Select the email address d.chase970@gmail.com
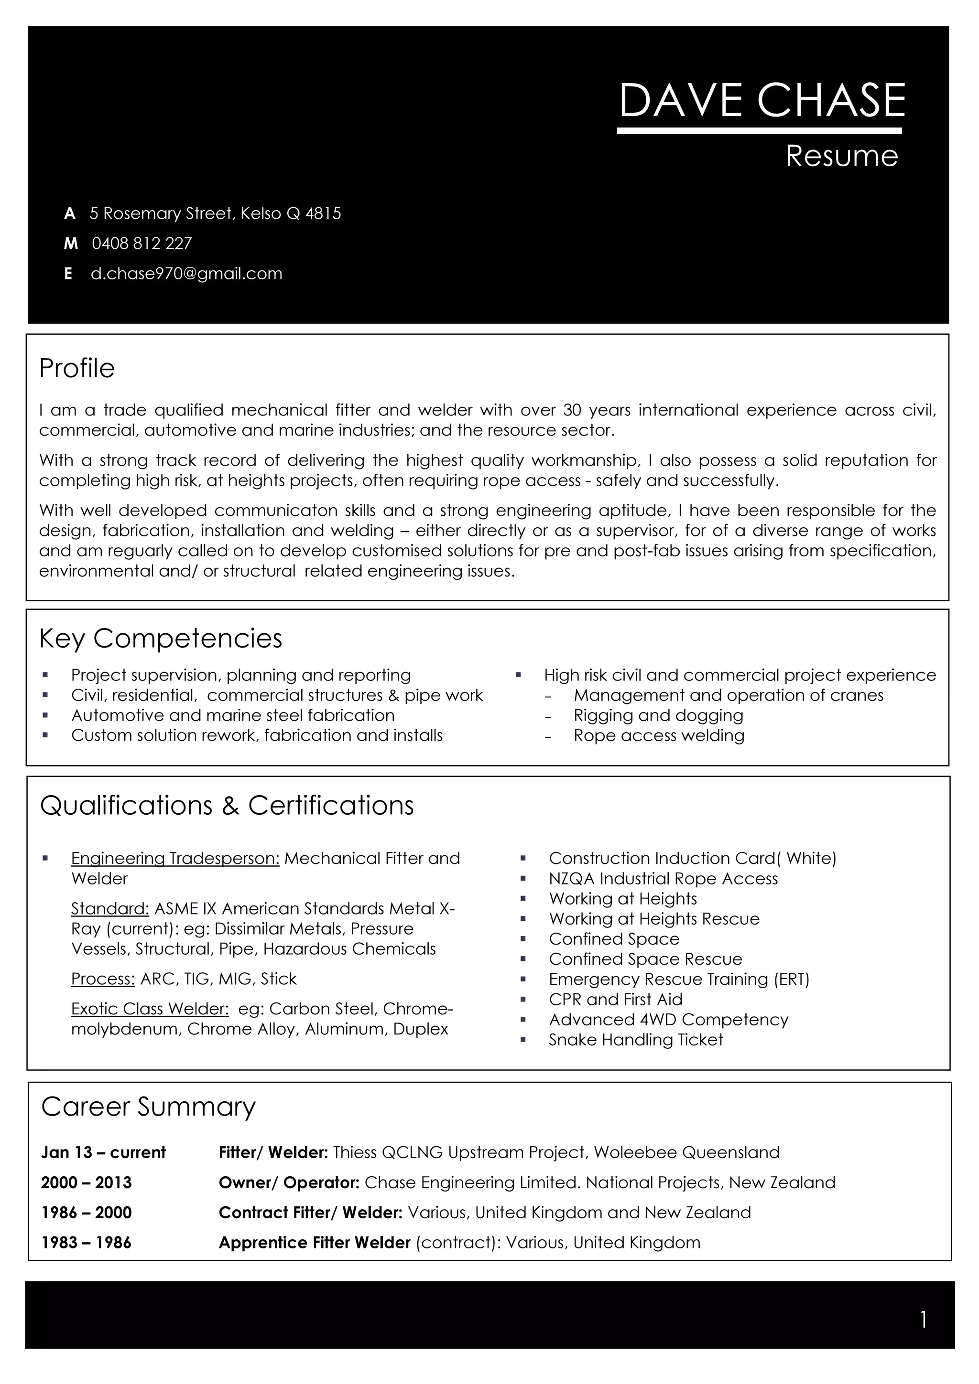tap(186, 274)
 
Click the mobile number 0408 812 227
tap(142, 244)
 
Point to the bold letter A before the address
tap(70, 214)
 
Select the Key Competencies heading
tap(161, 639)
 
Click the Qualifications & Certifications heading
tap(227, 805)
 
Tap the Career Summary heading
tap(148, 1107)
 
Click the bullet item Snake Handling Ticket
tap(636, 1040)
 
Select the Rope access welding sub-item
tap(659, 735)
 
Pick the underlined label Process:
tap(103, 979)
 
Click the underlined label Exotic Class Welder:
tap(150, 1009)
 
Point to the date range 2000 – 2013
tap(86, 1182)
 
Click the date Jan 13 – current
tap(103, 1152)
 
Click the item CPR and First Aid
tap(615, 1000)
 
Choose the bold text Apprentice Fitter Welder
tap(314, 1243)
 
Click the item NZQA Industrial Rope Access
tap(663, 879)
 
